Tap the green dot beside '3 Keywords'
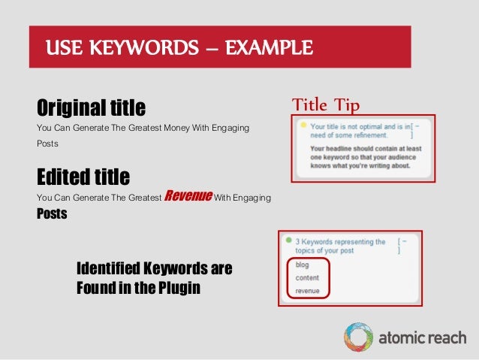288,241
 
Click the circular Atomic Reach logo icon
358,337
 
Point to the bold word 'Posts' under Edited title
52,213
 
